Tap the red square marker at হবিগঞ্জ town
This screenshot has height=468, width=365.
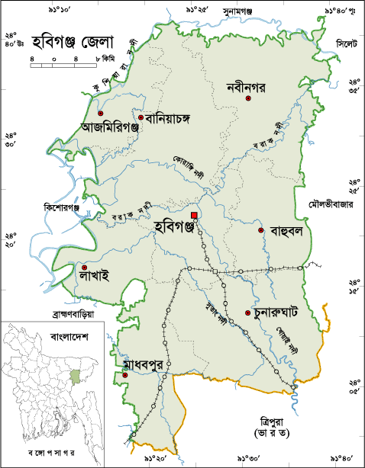[195, 216]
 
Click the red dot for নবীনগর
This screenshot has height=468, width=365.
[247, 98]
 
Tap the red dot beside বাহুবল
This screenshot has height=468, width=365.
[260, 230]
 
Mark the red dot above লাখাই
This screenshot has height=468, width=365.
[82, 268]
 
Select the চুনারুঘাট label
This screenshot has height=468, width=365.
[284, 313]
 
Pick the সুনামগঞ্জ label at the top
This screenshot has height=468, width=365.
[237, 11]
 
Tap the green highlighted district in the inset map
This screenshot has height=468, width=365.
[74, 377]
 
